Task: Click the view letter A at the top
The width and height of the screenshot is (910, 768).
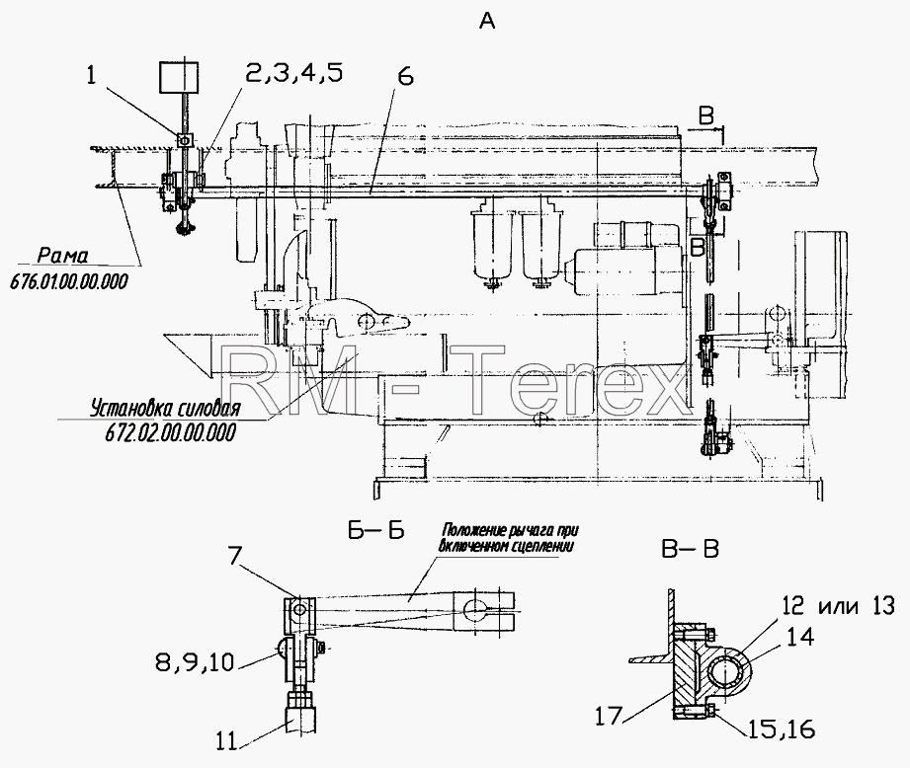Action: click(x=487, y=22)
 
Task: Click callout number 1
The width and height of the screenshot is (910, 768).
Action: click(x=91, y=75)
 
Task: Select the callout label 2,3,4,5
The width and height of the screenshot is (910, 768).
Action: click(x=293, y=73)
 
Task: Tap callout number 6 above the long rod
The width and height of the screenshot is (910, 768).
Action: click(x=406, y=77)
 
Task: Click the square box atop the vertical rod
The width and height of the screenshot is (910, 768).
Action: click(x=179, y=78)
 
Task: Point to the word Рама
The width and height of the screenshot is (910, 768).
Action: click(x=62, y=256)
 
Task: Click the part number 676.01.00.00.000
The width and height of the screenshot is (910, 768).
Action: click(x=69, y=281)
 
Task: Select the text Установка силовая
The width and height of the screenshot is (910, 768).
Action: click(x=165, y=409)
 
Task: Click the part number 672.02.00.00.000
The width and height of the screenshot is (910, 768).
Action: click(x=171, y=432)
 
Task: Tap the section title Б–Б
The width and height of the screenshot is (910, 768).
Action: click(x=376, y=531)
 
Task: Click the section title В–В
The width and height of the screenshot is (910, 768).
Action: click(x=691, y=549)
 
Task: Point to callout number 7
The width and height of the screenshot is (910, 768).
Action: click(x=233, y=557)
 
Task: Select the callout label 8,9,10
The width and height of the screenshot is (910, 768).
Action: click(x=195, y=662)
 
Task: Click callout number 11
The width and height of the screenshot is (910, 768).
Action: click(x=227, y=741)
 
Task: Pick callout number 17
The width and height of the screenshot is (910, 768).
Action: click(x=609, y=717)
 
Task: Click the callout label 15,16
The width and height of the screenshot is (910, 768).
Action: click(x=781, y=729)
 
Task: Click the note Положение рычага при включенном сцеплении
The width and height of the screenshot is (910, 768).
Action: click(x=510, y=538)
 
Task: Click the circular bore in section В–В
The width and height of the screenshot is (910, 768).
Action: click(x=723, y=672)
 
